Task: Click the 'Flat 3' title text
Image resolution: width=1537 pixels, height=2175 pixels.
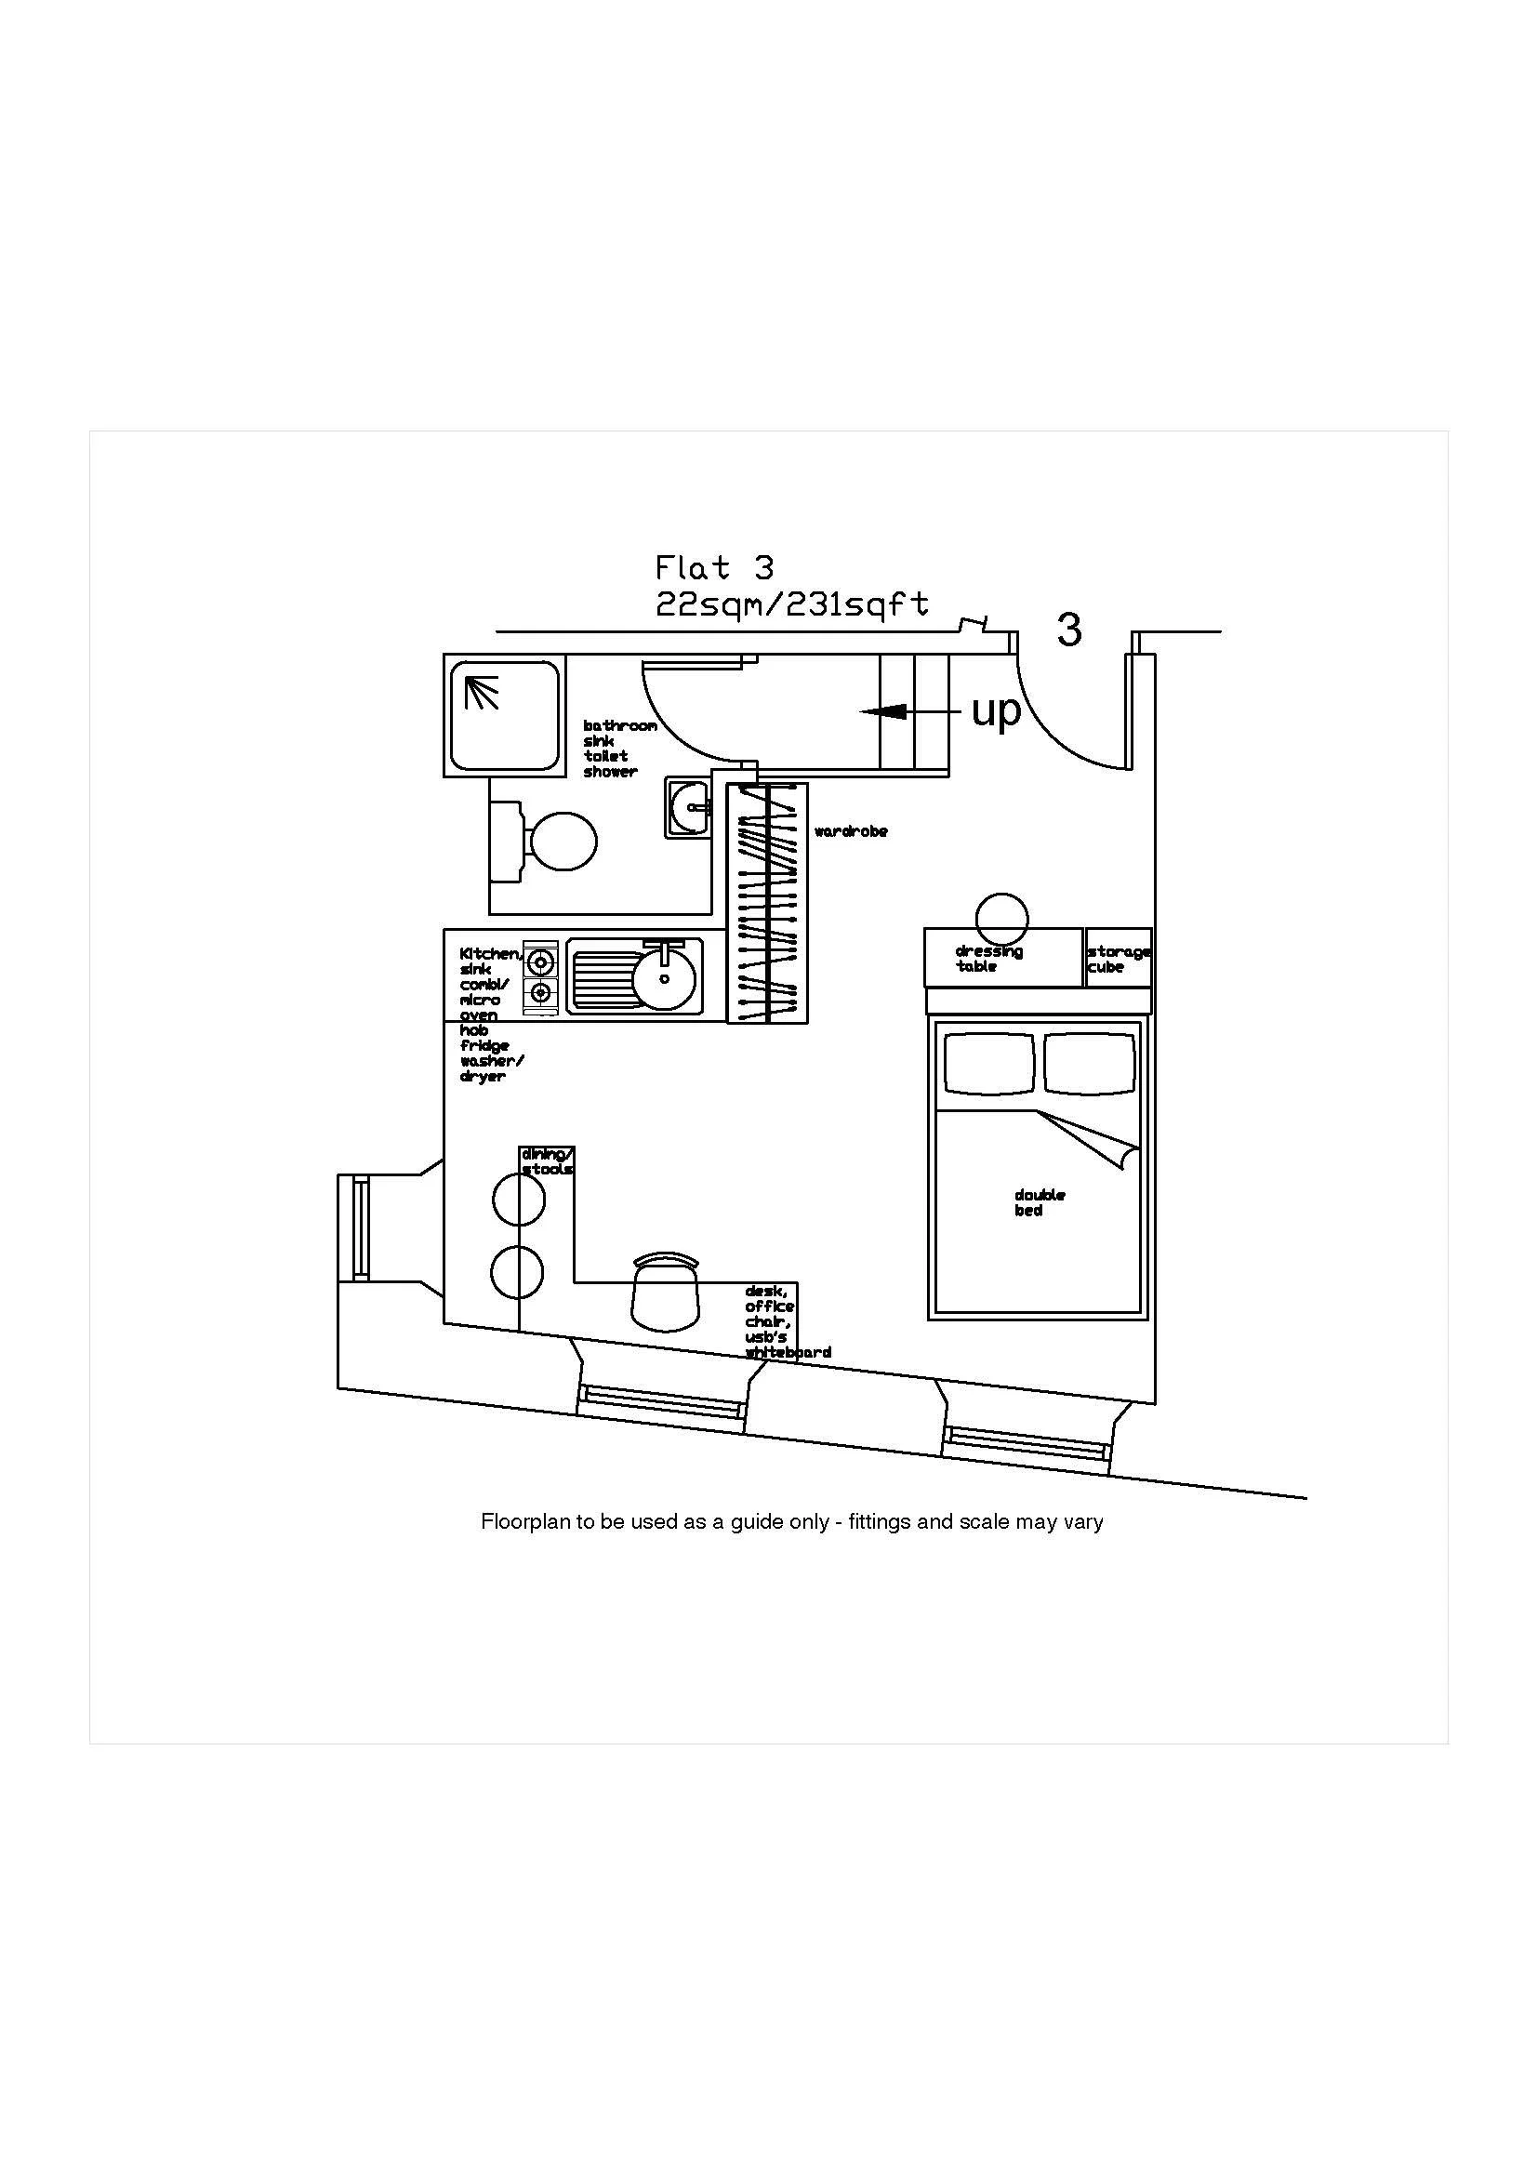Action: (x=714, y=568)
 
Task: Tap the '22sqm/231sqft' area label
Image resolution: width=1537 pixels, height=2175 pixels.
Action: (x=791, y=604)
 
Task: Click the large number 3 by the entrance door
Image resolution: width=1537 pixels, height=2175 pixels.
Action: (x=1069, y=630)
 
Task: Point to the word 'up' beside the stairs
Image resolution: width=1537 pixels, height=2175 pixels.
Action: (x=996, y=710)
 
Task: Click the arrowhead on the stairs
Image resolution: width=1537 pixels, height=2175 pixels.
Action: (x=877, y=710)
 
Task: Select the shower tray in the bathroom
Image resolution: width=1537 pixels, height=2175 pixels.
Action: (x=503, y=716)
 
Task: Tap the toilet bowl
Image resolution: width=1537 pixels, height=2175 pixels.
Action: (x=563, y=841)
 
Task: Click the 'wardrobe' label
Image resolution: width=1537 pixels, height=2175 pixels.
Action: (x=851, y=831)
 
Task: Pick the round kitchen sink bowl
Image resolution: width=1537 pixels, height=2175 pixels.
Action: (x=664, y=977)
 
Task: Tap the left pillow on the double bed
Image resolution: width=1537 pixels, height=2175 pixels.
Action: (x=988, y=1063)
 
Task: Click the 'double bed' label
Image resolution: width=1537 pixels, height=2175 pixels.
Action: (x=1039, y=1202)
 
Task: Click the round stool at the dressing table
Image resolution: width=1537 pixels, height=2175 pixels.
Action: (x=1002, y=918)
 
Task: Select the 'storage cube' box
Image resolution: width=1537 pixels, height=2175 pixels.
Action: (x=1119, y=959)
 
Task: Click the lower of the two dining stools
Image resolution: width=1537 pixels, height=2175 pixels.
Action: (x=518, y=1271)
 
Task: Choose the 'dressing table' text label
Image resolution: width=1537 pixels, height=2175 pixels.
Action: (x=987, y=959)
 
